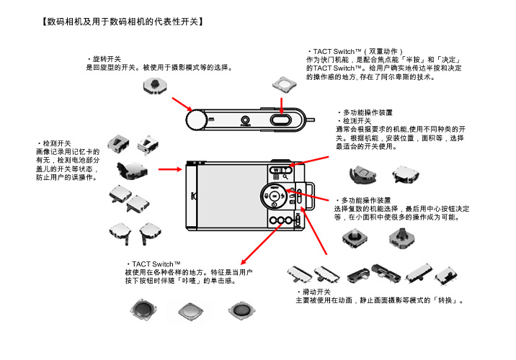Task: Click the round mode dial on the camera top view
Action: pos(195,119)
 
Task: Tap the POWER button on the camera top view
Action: pos(246,120)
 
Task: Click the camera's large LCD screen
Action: pos(229,196)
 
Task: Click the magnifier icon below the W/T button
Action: pos(286,177)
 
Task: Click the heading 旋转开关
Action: pos(106,58)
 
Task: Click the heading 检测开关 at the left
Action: pos(56,144)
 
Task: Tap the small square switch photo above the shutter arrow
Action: pos(284,84)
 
